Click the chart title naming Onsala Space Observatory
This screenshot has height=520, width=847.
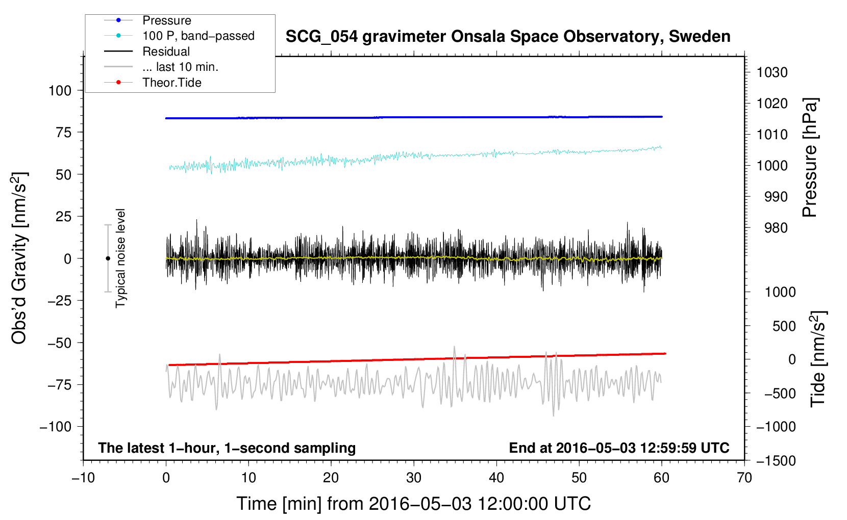click(x=508, y=37)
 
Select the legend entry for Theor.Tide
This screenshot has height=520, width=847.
click(x=171, y=83)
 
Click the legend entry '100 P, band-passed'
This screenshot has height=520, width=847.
click(x=198, y=36)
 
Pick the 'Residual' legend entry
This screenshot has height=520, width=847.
click(x=166, y=51)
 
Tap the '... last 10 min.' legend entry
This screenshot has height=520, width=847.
click(x=180, y=67)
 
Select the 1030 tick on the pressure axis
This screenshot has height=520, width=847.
click(x=772, y=72)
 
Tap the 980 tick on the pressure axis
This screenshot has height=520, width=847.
click(x=776, y=228)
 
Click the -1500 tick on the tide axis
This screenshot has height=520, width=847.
click(x=776, y=461)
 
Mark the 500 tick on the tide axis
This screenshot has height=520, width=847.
click(x=784, y=326)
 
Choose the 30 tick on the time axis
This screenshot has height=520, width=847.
click(x=413, y=478)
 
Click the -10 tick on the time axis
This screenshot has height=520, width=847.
click(x=83, y=478)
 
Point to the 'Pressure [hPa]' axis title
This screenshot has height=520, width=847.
click(x=810, y=158)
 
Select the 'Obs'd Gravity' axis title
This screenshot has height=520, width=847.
click(x=19, y=258)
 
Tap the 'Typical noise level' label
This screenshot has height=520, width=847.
click(x=120, y=258)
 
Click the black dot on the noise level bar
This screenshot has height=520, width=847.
click(x=108, y=258)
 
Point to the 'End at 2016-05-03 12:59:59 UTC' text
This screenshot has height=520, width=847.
click(x=619, y=448)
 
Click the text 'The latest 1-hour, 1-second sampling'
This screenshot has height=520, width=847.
click(x=227, y=448)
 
